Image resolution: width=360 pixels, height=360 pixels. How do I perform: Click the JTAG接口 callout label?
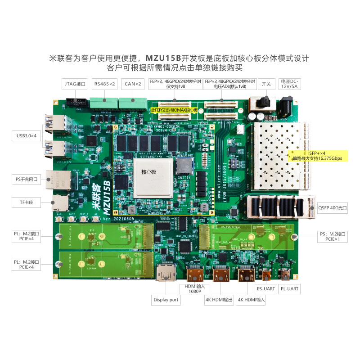pyautogui.click(x=75, y=84)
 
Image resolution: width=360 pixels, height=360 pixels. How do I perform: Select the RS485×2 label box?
pyautogui.click(x=105, y=84)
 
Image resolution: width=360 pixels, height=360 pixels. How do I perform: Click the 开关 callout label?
pyautogui.click(x=266, y=84)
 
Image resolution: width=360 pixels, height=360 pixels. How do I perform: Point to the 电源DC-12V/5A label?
pyautogui.click(x=289, y=83)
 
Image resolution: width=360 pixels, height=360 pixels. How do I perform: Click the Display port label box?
pyautogui.click(x=166, y=300)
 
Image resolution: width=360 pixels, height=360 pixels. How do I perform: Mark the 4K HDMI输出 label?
pyautogui.click(x=219, y=300)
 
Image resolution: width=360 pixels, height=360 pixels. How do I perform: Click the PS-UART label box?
pyautogui.click(x=265, y=288)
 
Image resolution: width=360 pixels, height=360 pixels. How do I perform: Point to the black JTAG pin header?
pyautogui.click(x=76, y=103)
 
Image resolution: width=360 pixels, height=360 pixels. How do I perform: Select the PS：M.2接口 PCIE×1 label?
pyautogui.click(x=332, y=236)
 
